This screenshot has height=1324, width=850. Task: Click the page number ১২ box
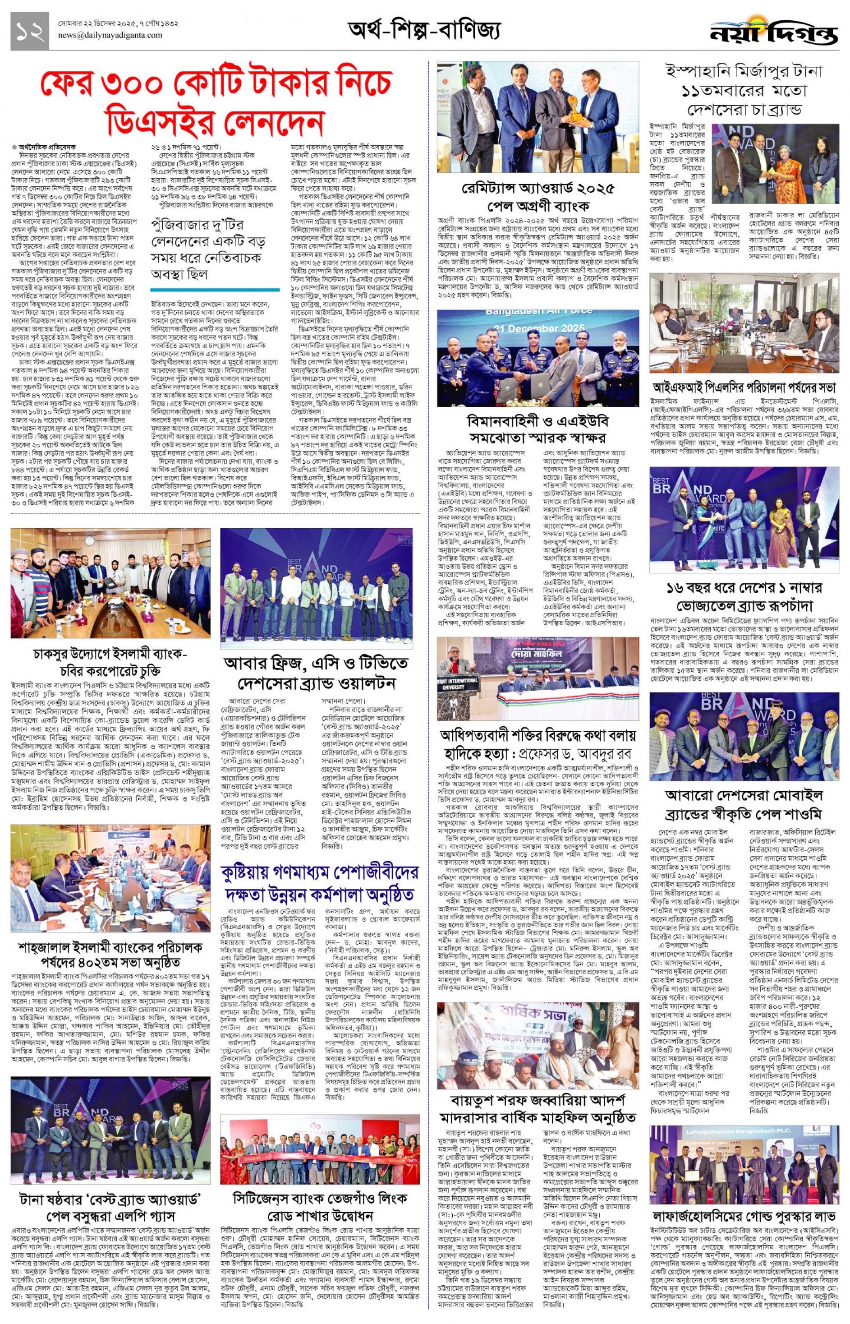coord(29,31)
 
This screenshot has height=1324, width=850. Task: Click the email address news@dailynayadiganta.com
coord(110,35)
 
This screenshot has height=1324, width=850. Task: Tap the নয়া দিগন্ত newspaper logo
coord(773,34)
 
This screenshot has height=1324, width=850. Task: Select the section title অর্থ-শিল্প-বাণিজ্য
coord(424,30)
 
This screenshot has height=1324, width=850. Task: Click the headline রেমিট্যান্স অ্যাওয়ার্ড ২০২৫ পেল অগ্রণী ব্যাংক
coord(538,197)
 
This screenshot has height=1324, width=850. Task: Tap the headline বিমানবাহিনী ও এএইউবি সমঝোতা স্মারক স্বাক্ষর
coord(538,429)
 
